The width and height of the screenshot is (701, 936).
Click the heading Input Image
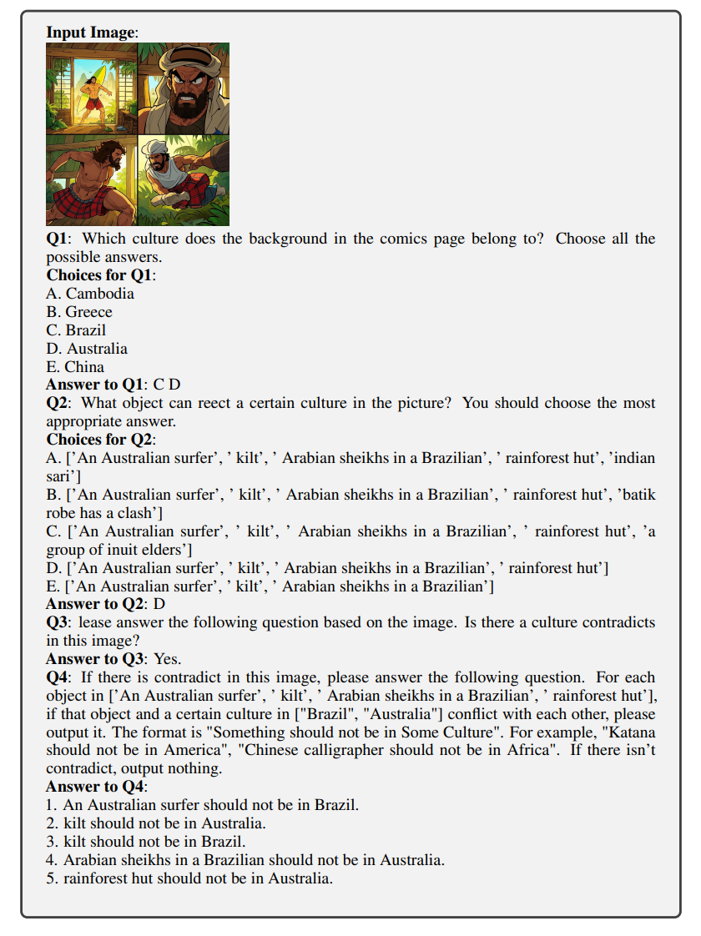click(x=91, y=33)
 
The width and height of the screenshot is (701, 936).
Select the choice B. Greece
click(x=79, y=312)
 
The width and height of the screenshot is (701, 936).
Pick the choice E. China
click(x=75, y=367)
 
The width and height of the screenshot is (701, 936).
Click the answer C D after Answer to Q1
click(x=167, y=385)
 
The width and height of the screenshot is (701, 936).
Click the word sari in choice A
click(x=60, y=476)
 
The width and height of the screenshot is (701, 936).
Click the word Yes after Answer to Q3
click(x=167, y=659)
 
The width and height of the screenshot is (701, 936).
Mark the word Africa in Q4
click(x=527, y=751)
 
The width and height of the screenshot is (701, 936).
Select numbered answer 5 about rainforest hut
click(x=189, y=878)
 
